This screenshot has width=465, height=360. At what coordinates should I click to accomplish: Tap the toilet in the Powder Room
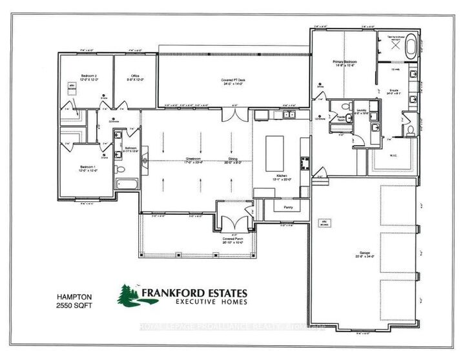click(346, 107)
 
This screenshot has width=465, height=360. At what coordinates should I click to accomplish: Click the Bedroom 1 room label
click(88, 169)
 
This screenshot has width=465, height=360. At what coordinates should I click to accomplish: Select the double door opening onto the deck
click(233, 116)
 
